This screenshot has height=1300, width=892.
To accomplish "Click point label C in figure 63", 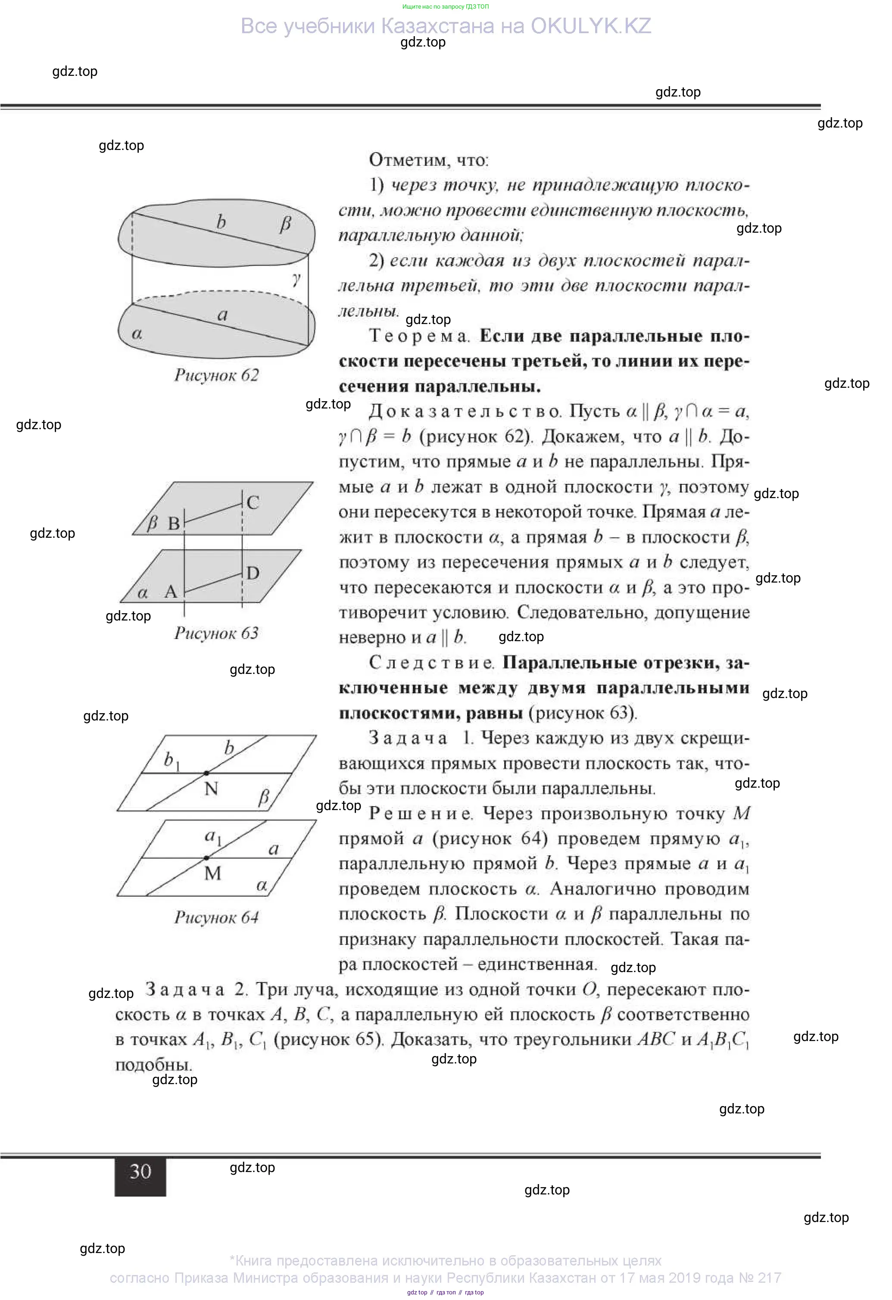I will (x=253, y=502).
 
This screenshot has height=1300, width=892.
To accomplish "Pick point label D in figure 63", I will (x=253, y=573).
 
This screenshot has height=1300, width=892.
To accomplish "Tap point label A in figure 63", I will (x=171, y=592).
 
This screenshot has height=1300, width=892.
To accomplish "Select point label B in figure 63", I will (x=174, y=524).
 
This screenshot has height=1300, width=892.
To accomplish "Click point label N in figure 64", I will (x=211, y=789).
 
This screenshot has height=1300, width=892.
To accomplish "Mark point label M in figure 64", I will (x=212, y=873).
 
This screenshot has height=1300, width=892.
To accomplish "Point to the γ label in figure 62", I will (x=296, y=277).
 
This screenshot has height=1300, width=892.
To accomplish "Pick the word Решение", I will (x=421, y=814).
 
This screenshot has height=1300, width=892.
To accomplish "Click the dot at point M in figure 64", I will (x=207, y=857).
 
